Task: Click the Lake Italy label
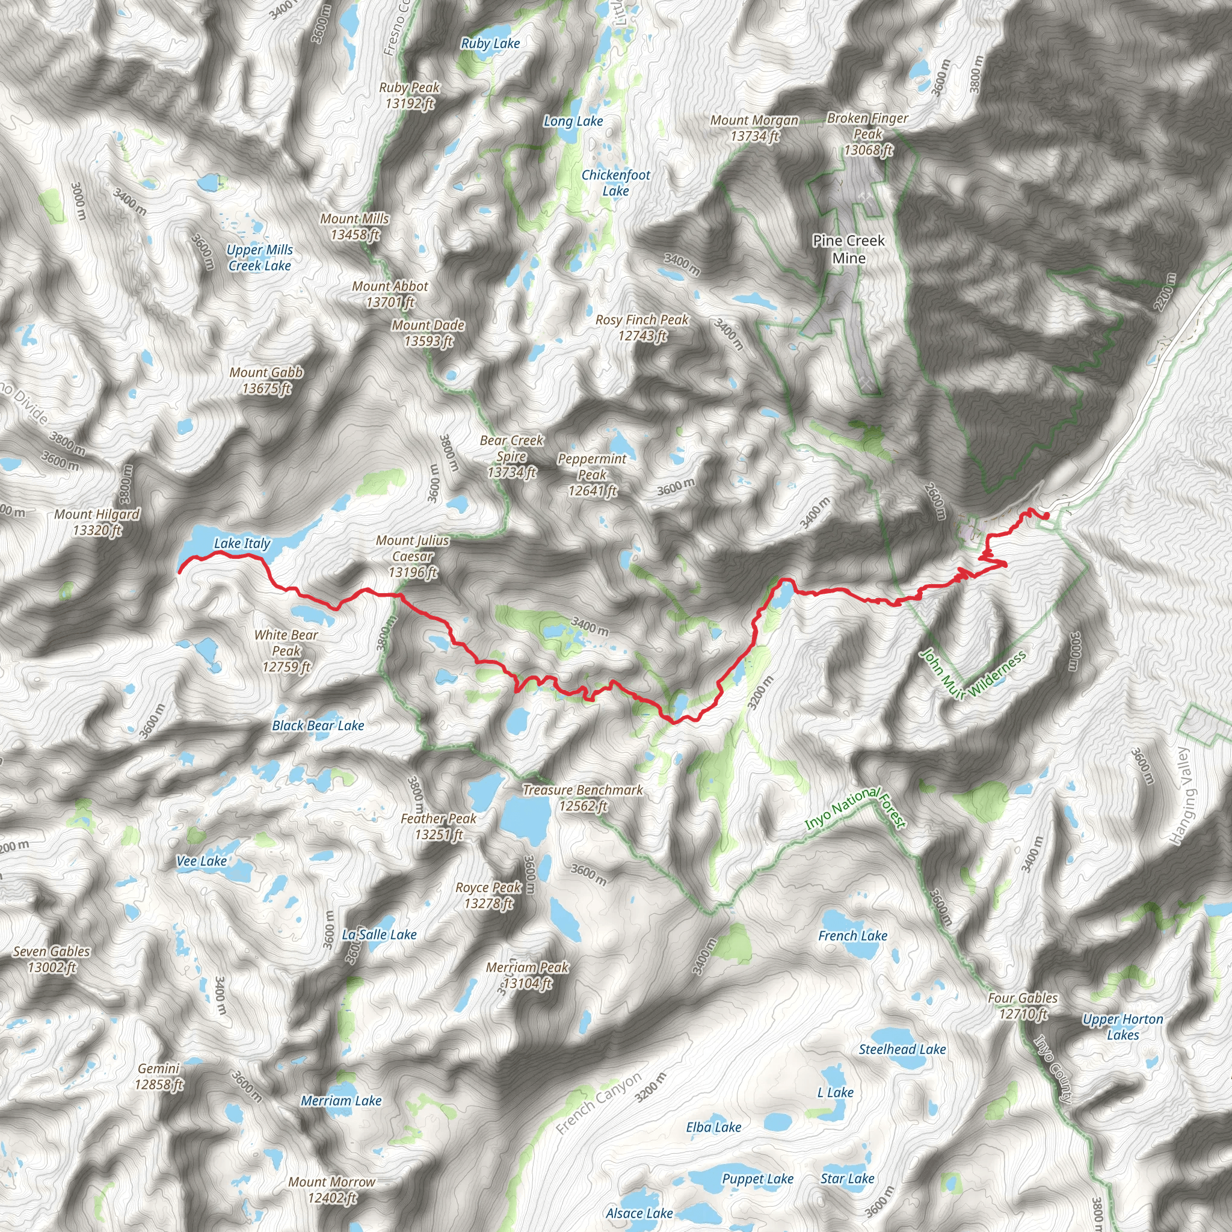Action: (242, 543)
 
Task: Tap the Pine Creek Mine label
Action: (848, 249)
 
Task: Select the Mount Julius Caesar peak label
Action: (413, 556)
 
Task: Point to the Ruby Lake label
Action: (490, 43)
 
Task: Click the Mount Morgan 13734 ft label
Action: (754, 128)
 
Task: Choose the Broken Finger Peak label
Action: (868, 134)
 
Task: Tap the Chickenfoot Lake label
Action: (615, 182)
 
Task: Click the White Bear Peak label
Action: (286, 650)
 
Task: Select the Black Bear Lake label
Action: (318, 725)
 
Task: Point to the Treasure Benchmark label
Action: (583, 798)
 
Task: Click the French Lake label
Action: (852, 935)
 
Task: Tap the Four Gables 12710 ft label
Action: (1022, 1006)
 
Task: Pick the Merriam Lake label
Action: (341, 1101)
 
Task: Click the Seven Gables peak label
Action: (52, 959)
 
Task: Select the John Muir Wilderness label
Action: (973, 675)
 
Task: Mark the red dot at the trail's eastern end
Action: (1046, 516)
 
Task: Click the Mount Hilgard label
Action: (97, 522)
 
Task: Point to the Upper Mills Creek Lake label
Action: (259, 257)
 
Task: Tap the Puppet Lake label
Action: (757, 1179)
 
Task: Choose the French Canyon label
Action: (598, 1104)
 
